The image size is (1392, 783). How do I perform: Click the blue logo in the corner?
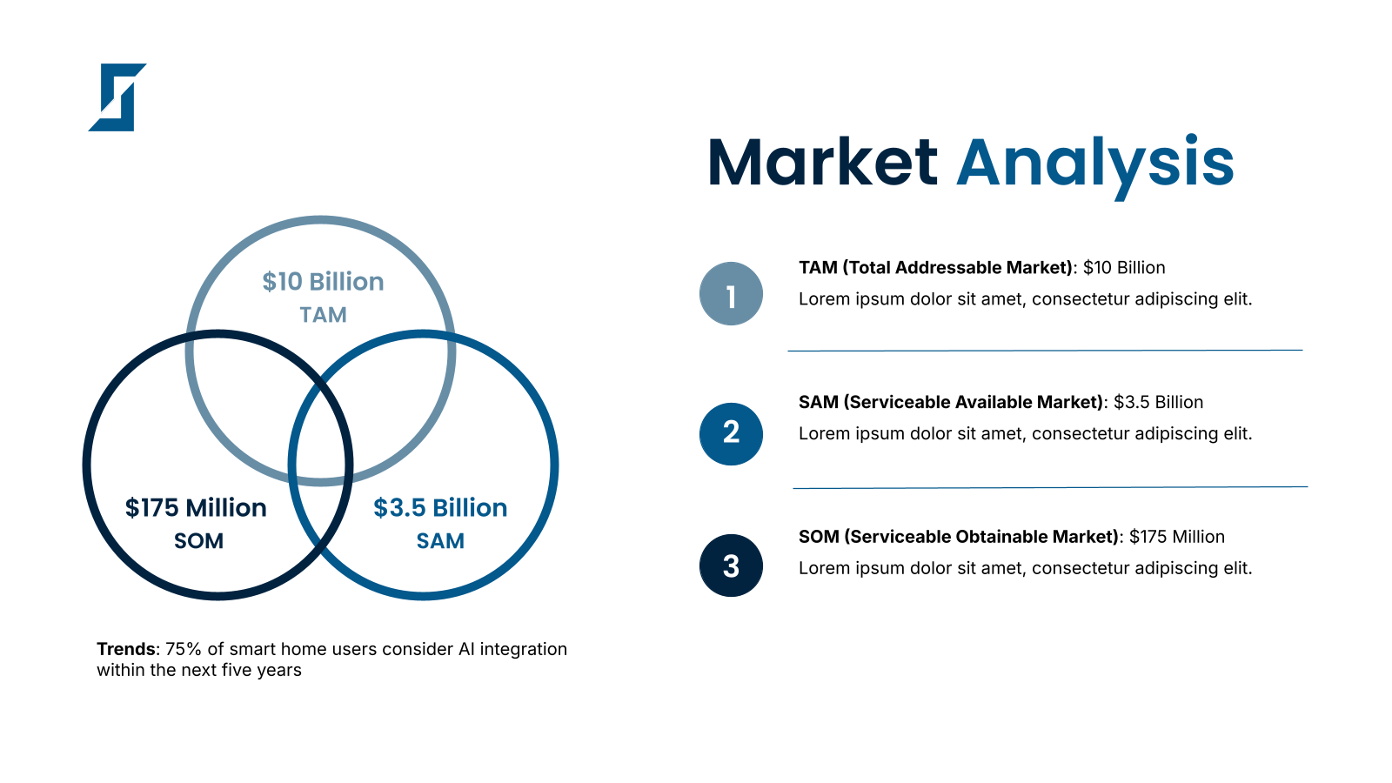tap(117, 97)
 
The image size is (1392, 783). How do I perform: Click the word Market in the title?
tap(822, 162)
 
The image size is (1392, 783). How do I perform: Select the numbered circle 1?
tap(731, 294)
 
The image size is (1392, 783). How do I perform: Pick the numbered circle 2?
tap(731, 434)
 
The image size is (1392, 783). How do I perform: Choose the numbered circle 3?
tap(731, 565)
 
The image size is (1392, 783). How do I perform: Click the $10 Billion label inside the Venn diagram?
tap(323, 282)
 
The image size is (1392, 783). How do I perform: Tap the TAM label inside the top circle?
tap(323, 315)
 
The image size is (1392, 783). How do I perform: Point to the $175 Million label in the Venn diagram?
tap(196, 508)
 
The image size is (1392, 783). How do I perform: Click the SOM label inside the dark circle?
tap(199, 541)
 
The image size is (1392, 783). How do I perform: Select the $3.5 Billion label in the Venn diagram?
tap(440, 508)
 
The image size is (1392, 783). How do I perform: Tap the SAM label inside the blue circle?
tap(440, 541)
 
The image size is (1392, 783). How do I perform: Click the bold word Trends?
tap(126, 649)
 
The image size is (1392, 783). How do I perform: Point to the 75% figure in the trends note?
tap(184, 649)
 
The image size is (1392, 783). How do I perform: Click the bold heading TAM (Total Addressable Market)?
tap(936, 268)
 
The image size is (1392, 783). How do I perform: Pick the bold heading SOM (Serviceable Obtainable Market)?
tap(959, 536)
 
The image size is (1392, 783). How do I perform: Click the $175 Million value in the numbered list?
tap(1177, 536)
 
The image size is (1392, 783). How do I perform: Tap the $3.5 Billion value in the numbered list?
tap(1158, 402)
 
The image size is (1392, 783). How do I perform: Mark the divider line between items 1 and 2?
tap(1045, 351)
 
